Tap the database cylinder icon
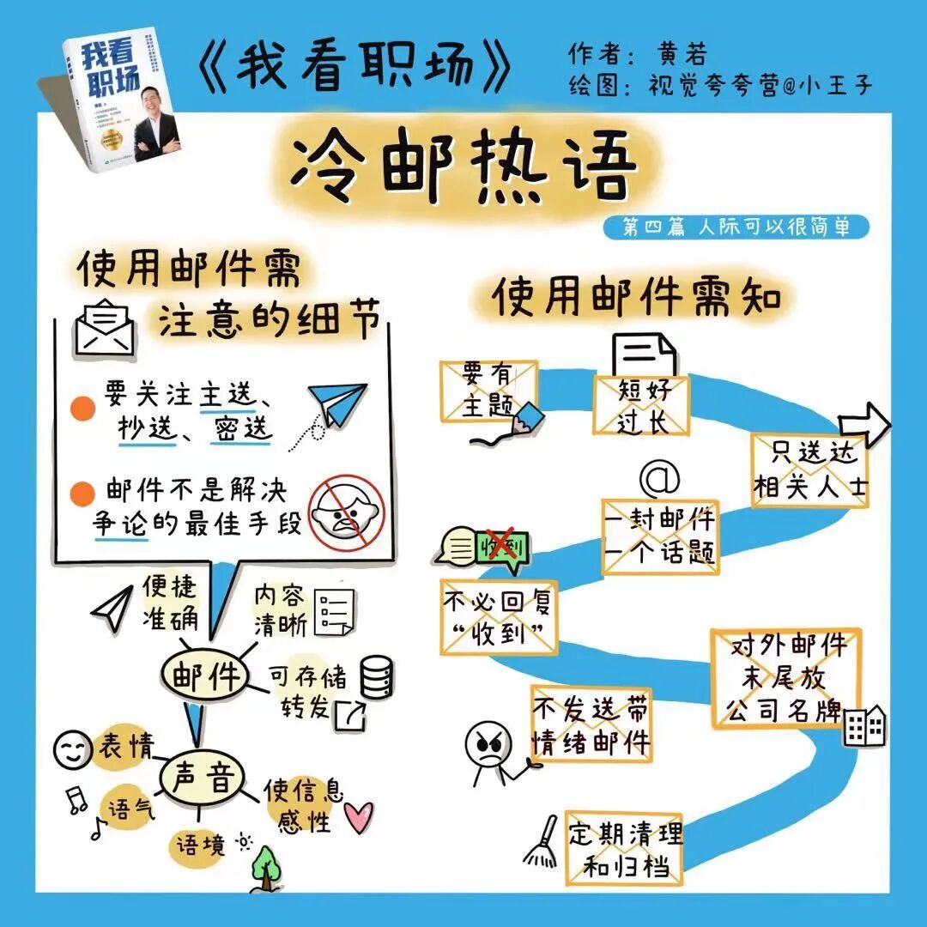[377, 677]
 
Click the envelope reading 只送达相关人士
[809, 470]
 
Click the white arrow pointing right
[864, 424]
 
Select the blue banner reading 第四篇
[746, 227]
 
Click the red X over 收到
[502, 545]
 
